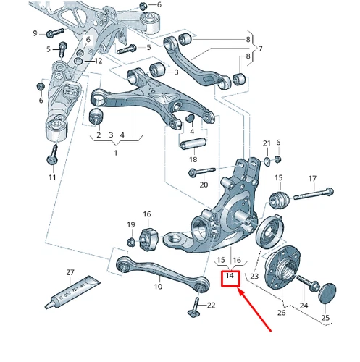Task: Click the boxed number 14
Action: [230, 276]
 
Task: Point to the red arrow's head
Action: [240, 290]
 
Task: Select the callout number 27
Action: [70, 272]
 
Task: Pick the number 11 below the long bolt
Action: [52, 177]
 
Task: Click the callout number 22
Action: [211, 306]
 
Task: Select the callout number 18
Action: [193, 159]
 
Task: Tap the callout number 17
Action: [312, 178]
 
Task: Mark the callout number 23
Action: [254, 276]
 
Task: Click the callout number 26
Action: [282, 313]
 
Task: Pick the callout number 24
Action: [304, 306]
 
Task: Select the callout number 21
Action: [266, 143]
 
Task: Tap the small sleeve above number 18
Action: [191, 142]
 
